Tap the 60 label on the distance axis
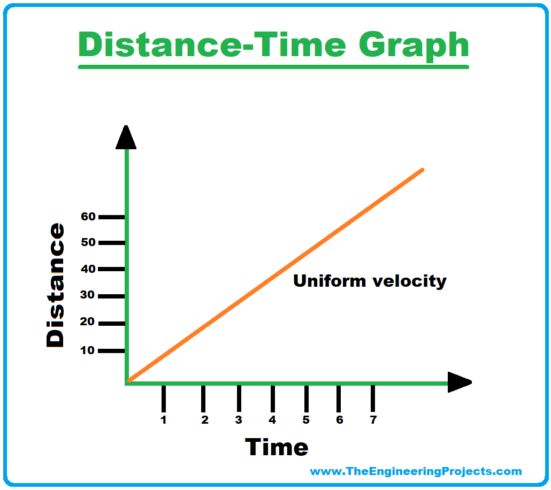(88, 217)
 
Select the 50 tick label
(88, 242)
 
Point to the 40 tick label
(88, 269)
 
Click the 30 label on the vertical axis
(87, 295)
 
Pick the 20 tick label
(87, 321)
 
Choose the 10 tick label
(87, 350)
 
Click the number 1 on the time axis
(163, 420)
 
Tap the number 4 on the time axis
(272, 420)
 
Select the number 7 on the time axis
(373, 420)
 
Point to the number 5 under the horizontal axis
(306, 420)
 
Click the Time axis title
(277, 447)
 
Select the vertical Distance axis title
(55, 286)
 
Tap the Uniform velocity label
(370, 281)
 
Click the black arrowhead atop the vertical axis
(126, 137)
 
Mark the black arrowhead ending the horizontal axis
(460, 382)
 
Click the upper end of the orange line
(423, 170)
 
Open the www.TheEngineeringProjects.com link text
(416, 471)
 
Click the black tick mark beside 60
(111, 217)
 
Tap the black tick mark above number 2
(203, 399)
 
